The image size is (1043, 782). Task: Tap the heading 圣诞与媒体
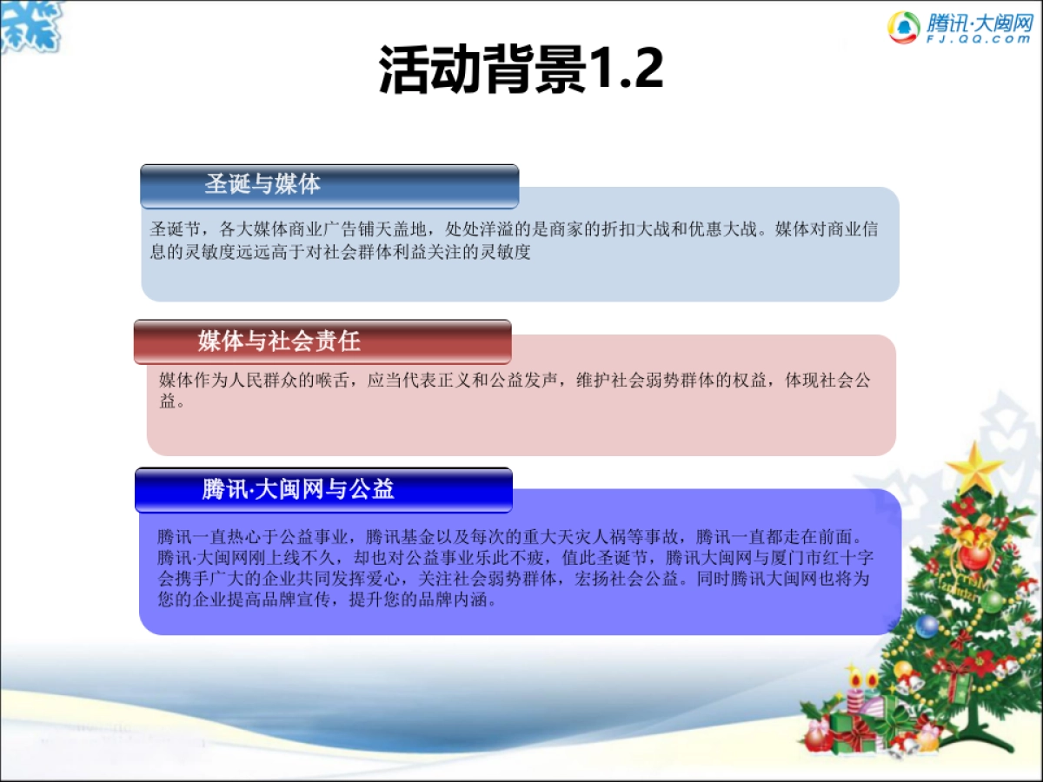pos(262,184)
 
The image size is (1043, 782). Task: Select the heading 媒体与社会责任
pos(278,341)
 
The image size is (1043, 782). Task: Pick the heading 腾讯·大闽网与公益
pos(298,489)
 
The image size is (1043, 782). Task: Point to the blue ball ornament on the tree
pos(927,625)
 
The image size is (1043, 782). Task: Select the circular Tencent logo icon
pos(904,27)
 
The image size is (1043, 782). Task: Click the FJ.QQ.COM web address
pos(979,39)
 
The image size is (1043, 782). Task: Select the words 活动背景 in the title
pos(482,70)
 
